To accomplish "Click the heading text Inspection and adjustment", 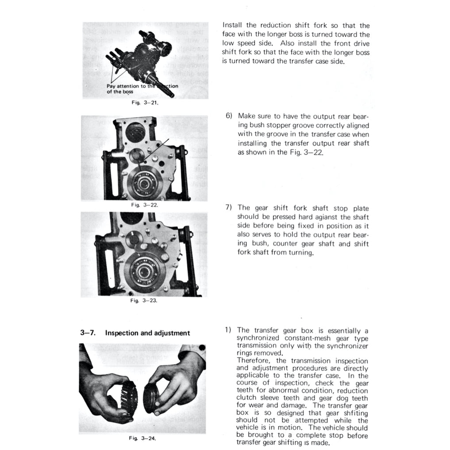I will click(x=147, y=333).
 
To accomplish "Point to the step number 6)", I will click(x=229, y=116).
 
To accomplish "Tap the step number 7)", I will click(x=229, y=208).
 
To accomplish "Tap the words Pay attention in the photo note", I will click(x=123, y=86).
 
